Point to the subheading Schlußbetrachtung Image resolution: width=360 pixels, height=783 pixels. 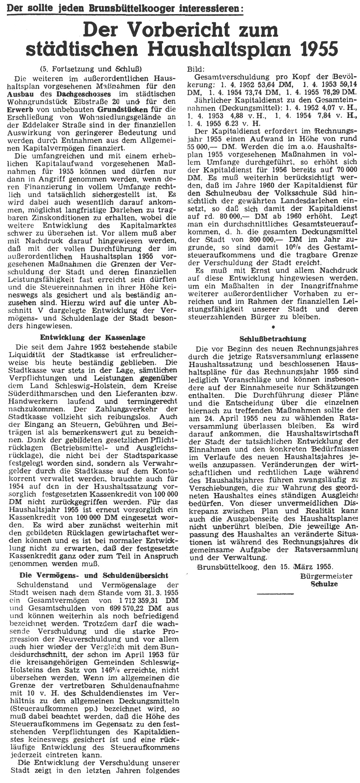pos(272,338)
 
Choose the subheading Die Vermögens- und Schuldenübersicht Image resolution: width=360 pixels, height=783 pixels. pos(94,575)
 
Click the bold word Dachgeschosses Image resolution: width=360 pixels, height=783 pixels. pos(83,93)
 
